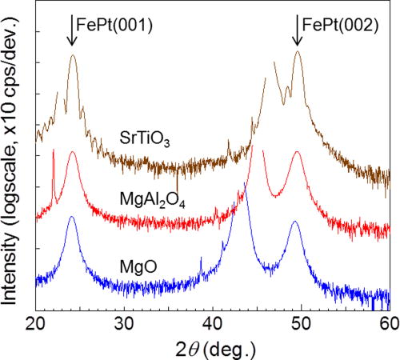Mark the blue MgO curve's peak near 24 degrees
point(72,218)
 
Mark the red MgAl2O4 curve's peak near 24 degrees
point(72,152)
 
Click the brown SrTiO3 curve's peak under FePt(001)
point(73,56)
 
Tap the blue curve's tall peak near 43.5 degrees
point(245,186)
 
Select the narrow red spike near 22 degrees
point(53,150)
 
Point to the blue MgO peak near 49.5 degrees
point(295,222)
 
